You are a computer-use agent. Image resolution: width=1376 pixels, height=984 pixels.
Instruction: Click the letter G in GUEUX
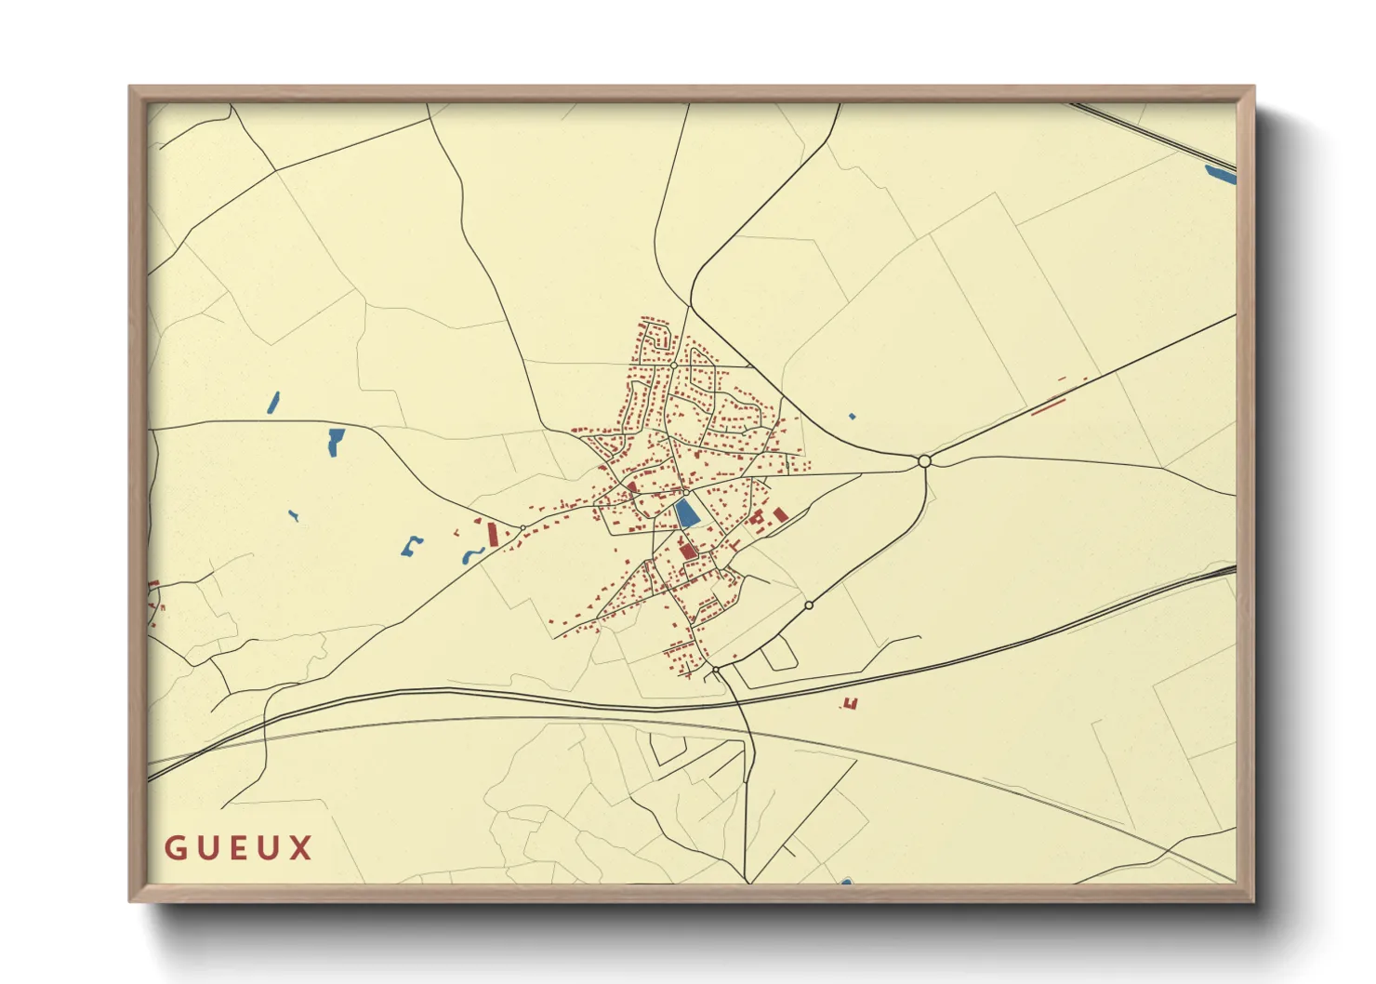(x=175, y=848)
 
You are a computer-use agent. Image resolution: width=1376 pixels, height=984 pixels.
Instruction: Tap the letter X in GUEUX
(x=300, y=848)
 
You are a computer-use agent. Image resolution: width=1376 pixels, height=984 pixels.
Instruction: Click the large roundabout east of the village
(x=924, y=461)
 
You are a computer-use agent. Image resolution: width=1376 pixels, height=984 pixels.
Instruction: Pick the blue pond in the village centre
(x=687, y=513)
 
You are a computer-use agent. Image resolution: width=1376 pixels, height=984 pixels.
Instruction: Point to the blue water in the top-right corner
(x=1221, y=173)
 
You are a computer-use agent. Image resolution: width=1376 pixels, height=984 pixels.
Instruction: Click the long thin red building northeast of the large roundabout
(x=1046, y=406)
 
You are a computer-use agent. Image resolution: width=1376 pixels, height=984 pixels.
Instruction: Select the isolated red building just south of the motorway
(x=849, y=703)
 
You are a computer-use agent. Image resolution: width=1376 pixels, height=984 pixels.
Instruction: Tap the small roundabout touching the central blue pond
(x=686, y=493)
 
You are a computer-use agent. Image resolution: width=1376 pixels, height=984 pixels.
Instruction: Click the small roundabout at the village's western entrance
(x=523, y=528)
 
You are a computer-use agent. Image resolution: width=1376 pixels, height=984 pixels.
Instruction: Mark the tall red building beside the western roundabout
(x=493, y=534)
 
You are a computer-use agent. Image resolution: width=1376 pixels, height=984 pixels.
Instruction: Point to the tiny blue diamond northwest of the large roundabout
(x=853, y=417)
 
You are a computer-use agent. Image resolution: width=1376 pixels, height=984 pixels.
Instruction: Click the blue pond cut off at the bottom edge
(x=846, y=881)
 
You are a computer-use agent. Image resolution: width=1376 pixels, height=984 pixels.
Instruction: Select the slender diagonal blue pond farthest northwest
(x=273, y=403)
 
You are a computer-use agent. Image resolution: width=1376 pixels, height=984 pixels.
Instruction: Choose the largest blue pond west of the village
(x=335, y=442)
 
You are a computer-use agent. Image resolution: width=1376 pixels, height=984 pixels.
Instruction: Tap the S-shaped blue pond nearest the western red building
(x=472, y=556)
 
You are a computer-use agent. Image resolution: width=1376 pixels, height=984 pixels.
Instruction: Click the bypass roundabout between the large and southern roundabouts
(x=809, y=605)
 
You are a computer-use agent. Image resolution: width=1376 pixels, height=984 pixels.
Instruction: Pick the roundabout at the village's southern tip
(x=716, y=669)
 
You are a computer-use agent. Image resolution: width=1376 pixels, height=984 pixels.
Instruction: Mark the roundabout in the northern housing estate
(x=673, y=366)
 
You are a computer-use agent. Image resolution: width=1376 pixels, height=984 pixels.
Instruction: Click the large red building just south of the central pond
(x=687, y=551)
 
